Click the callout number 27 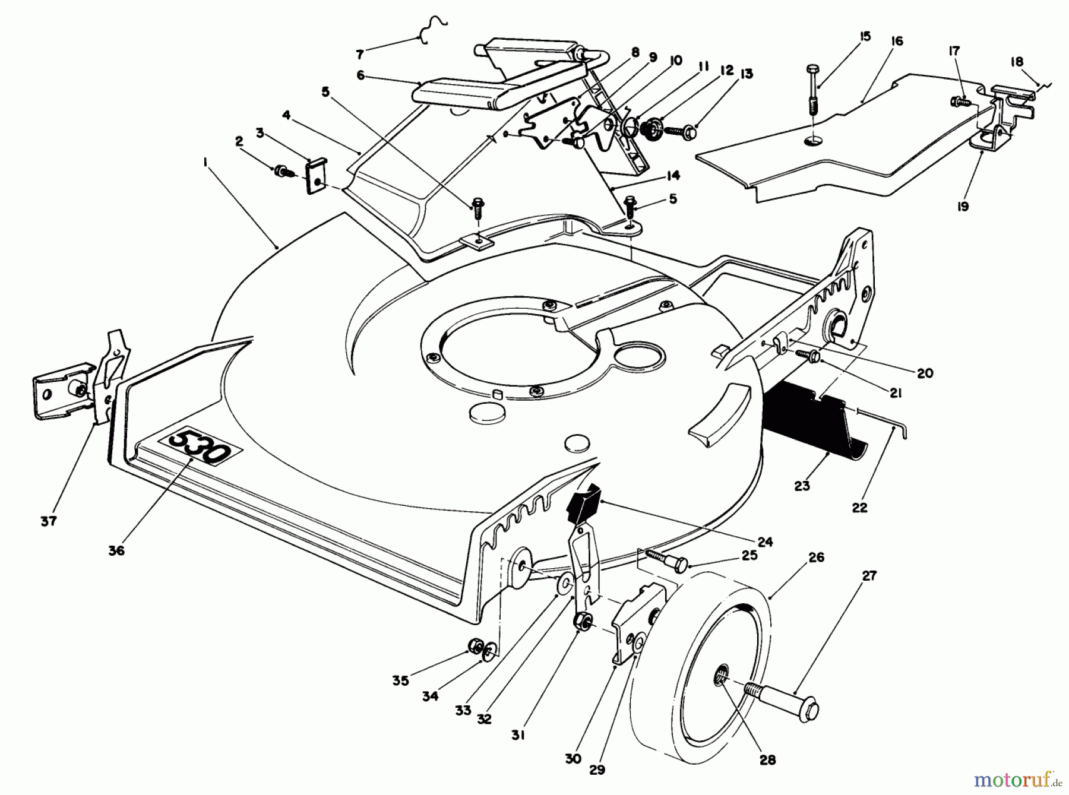[x=869, y=575]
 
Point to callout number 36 [x=116, y=550]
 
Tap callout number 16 [x=897, y=41]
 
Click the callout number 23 [x=802, y=486]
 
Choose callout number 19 [x=963, y=206]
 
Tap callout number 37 [x=48, y=521]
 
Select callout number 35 [x=400, y=680]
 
